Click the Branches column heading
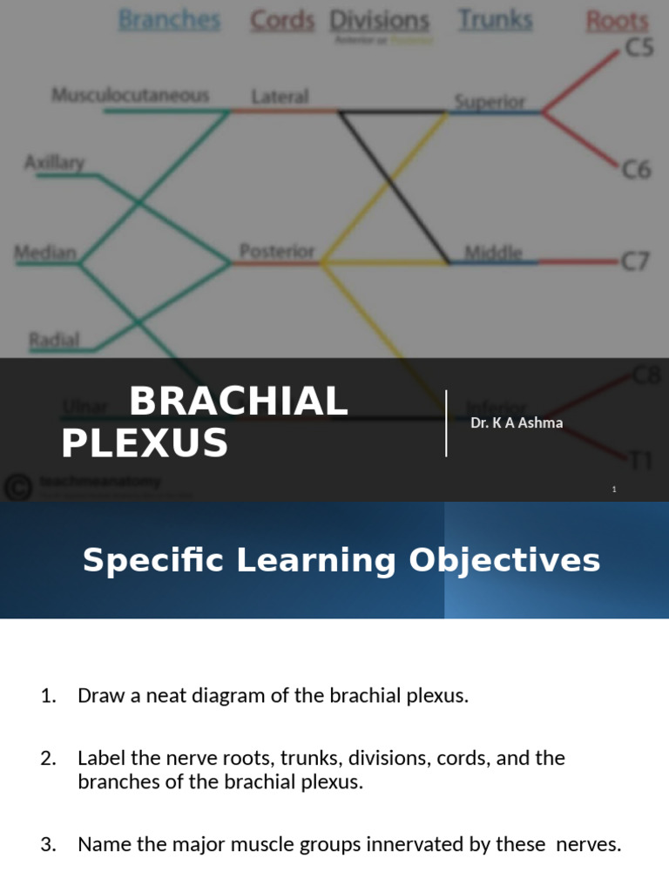[x=169, y=20]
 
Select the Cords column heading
[x=282, y=20]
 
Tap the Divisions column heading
[x=379, y=21]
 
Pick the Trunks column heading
[x=495, y=20]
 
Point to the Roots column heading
[x=617, y=21]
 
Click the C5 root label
[x=639, y=49]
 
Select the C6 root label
[x=636, y=170]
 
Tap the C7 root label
[x=635, y=260]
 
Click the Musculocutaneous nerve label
[x=131, y=95]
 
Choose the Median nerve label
[x=45, y=253]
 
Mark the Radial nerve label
[x=54, y=339]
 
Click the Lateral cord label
[x=280, y=96]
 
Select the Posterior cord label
[x=276, y=251]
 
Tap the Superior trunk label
[x=490, y=101]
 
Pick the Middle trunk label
[x=493, y=253]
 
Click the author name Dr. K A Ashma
[x=517, y=423]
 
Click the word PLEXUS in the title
[x=145, y=443]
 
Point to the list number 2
[x=49, y=758]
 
